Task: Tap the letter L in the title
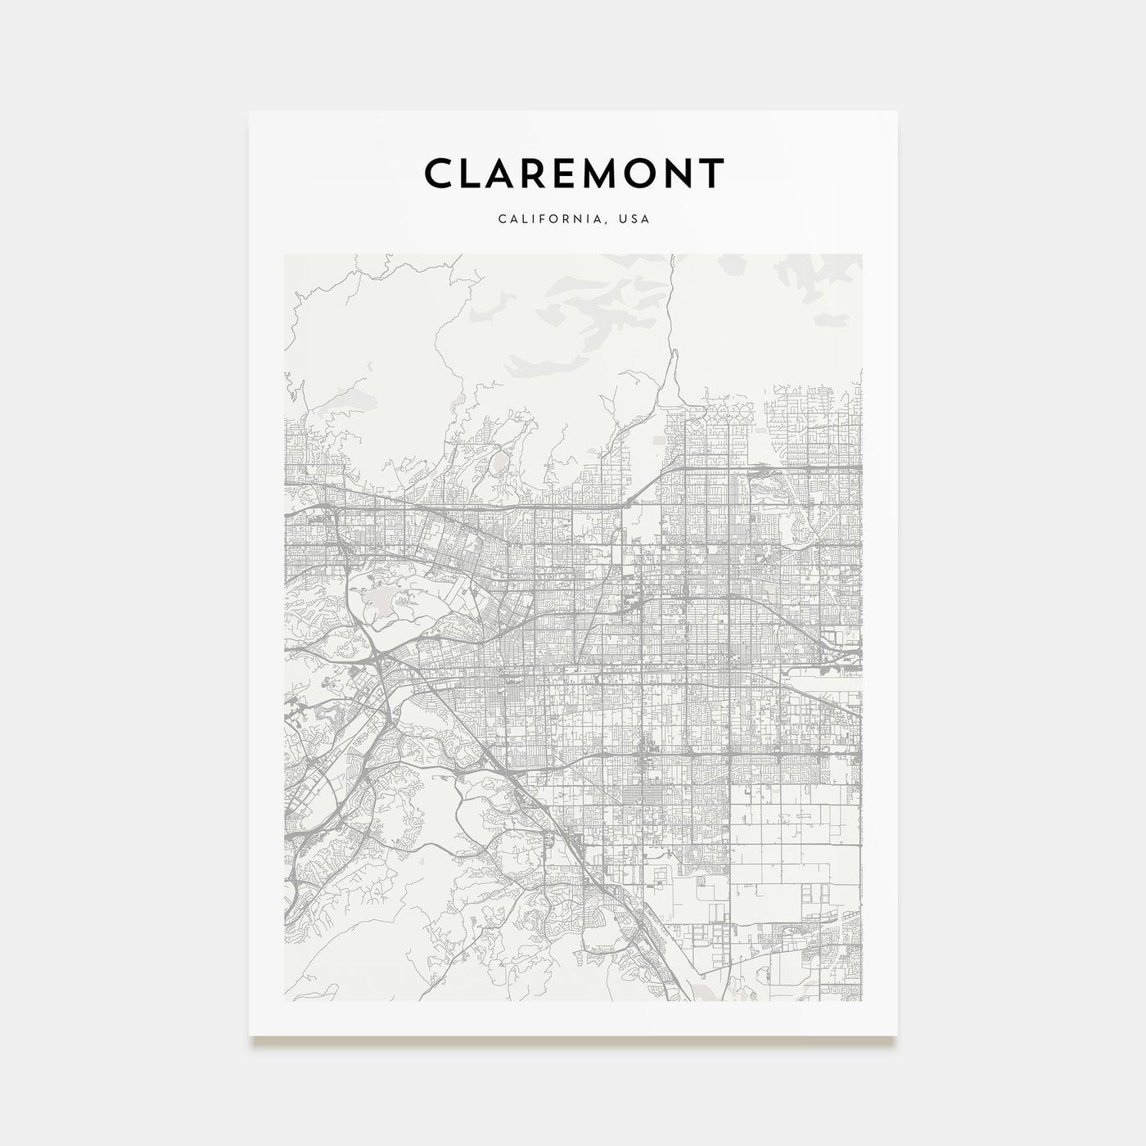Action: (x=477, y=173)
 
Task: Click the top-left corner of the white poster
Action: (x=250, y=111)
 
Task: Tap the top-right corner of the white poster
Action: (x=897, y=111)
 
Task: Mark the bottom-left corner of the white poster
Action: (x=250, y=1035)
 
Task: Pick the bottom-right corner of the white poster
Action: (x=897, y=1035)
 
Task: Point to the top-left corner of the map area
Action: (x=284, y=254)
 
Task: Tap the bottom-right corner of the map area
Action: (x=862, y=1000)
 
